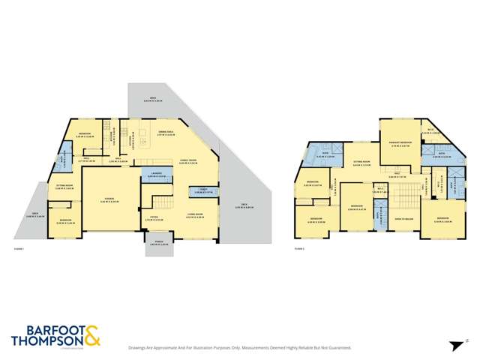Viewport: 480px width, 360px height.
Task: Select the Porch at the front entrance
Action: [158, 244]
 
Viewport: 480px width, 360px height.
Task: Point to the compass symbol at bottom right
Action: [454, 346]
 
